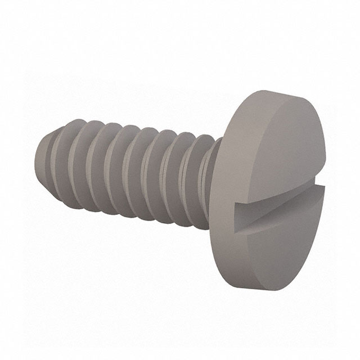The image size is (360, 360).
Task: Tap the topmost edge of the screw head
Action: coord(276,92)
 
